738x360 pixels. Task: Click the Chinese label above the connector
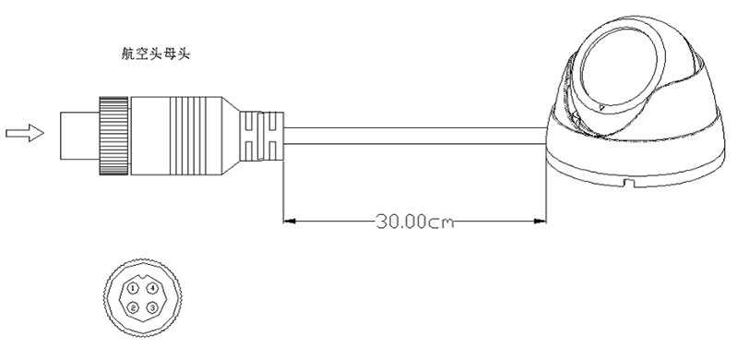pyautogui.click(x=155, y=54)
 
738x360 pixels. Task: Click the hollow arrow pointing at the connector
pyautogui.click(x=25, y=133)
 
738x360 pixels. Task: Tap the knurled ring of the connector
pyautogui.click(x=113, y=137)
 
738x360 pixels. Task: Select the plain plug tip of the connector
pyautogui.click(x=79, y=137)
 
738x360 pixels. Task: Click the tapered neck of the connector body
pyautogui.click(x=230, y=137)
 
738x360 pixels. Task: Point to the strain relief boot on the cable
pyautogui.click(x=261, y=137)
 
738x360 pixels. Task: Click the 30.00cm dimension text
pyautogui.click(x=415, y=221)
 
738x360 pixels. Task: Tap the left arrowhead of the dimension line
pyautogui.click(x=290, y=221)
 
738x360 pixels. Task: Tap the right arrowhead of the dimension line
pyautogui.click(x=540, y=221)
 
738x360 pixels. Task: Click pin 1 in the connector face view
pyautogui.click(x=134, y=288)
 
